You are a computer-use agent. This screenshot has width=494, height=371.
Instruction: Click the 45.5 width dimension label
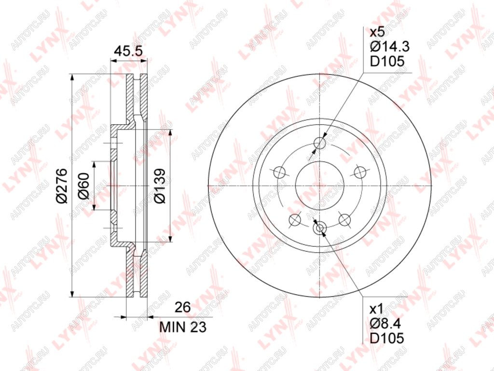tap(128, 51)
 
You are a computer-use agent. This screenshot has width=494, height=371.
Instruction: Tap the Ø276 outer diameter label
tap(62, 186)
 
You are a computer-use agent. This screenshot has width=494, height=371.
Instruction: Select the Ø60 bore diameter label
tap(84, 186)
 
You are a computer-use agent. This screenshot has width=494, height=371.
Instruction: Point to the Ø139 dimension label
tap(160, 186)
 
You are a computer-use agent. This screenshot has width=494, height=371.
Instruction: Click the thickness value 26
tap(183, 307)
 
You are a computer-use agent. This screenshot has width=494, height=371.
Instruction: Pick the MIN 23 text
tap(183, 327)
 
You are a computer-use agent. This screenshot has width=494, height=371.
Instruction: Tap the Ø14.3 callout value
tap(389, 47)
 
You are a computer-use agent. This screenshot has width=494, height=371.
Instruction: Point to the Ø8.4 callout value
tap(385, 324)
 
